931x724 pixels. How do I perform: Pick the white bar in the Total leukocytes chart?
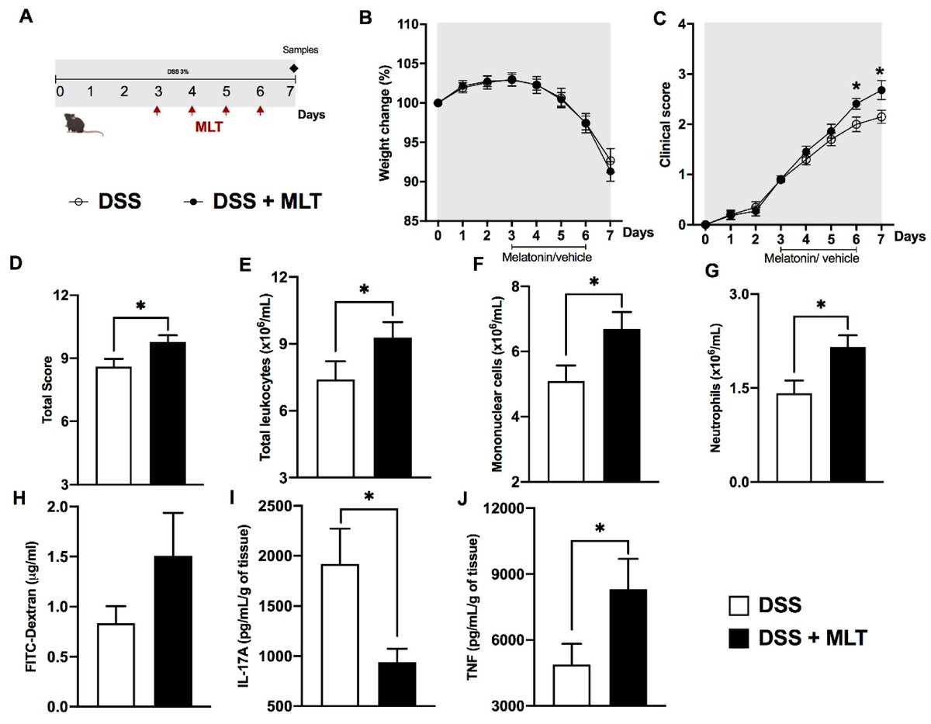point(336,431)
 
